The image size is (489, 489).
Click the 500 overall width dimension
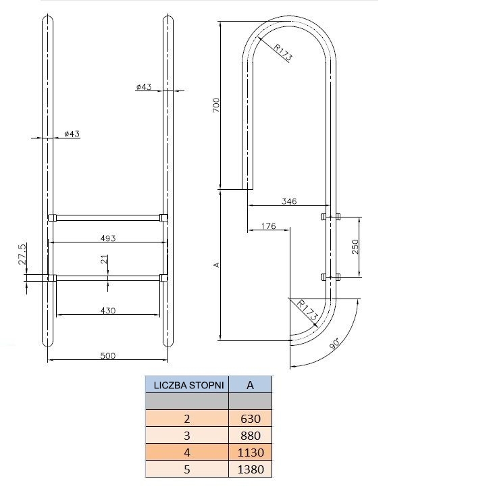point(108,356)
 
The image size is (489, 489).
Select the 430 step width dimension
point(108,311)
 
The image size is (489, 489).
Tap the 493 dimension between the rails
point(108,238)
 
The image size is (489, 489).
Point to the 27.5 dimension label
point(22,254)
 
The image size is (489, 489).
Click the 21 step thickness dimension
point(105,259)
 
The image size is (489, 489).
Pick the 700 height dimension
point(216,105)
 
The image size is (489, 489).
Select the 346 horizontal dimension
point(289,201)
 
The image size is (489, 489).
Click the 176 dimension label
point(269,226)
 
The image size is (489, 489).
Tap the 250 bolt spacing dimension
point(355,247)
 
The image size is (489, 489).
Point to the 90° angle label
point(334,344)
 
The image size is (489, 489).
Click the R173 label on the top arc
point(282,52)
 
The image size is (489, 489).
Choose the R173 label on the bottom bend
point(307,310)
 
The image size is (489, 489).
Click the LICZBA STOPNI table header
point(188,386)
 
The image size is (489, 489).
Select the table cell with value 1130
point(251,453)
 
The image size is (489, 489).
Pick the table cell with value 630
point(251,419)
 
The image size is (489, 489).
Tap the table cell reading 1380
point(251,469)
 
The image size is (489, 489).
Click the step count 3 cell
point(187,436)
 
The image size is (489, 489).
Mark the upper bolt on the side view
point(330,216)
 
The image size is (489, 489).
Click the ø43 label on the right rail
point(144,86)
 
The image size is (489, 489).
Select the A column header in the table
point(250,386)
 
